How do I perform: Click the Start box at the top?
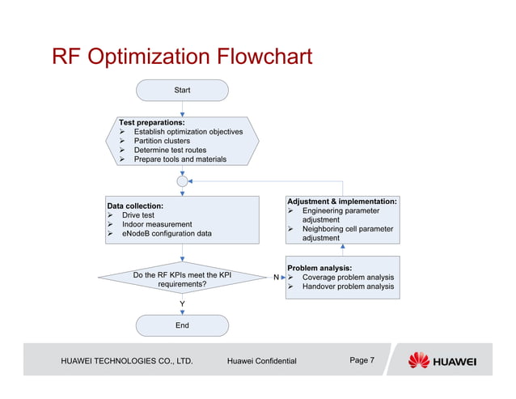coord(182,90)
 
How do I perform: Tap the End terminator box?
coord(182,325)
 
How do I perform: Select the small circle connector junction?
coord(183,181)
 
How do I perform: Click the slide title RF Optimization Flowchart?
coord(182,57)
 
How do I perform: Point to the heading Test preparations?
coord(152,121)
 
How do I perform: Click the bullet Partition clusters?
coord(162,141)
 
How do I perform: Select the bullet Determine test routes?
coord(170,150)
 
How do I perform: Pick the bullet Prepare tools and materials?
coord(180,159)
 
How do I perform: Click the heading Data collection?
coord(135,206)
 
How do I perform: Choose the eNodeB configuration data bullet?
coord(167,233)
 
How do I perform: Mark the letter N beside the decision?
coord(276,278)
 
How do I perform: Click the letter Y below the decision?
coord(183,304)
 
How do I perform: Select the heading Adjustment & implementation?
coord(342,201)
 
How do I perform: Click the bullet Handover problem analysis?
coord(348,287)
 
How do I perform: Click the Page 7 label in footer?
coord(362,360)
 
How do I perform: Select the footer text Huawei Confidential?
coord(262,361)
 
